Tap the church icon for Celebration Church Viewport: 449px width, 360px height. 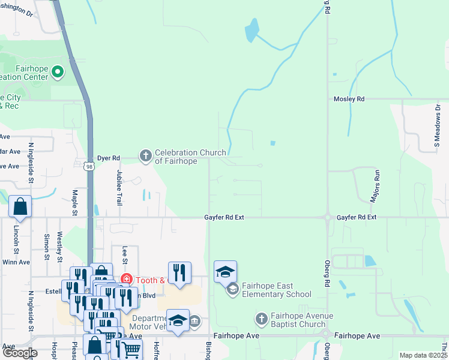[145, 156]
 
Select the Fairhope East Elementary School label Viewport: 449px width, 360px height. [277, 290]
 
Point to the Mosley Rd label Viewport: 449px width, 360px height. [349, 98]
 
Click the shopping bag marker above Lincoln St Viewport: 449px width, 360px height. [20, 206]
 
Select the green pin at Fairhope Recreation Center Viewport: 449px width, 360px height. [58, 73]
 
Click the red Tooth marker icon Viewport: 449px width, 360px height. [127, 279]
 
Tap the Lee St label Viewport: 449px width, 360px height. [125, 254]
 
